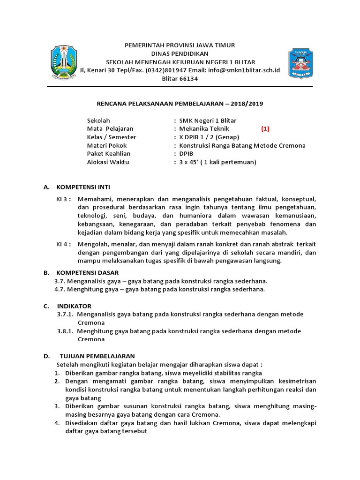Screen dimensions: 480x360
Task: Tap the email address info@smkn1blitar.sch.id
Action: click(245, 70)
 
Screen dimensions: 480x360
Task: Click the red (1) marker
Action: click(265, 129)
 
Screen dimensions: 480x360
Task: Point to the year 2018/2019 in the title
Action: click(251, 103)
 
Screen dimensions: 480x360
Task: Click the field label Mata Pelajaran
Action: click(110, 129)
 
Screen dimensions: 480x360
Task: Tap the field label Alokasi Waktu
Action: click(108, 162)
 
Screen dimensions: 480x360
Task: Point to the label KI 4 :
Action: click(64, 244)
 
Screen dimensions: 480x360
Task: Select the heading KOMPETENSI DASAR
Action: click(87, 272)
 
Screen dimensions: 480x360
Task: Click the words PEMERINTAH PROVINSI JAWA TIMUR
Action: click(179, 45)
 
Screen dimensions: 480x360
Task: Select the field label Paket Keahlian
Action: click(109, 154)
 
